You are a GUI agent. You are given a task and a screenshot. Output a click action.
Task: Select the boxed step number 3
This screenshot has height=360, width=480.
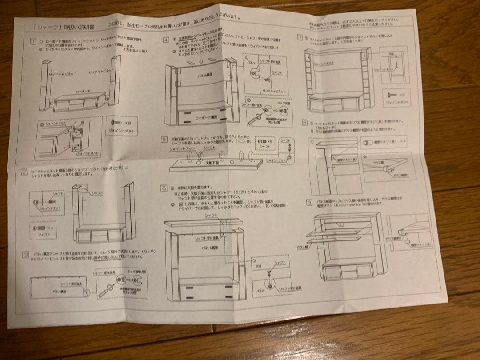26,255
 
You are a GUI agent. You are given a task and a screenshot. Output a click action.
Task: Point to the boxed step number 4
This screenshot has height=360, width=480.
166,40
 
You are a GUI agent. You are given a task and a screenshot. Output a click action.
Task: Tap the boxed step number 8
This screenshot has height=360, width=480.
304,121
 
